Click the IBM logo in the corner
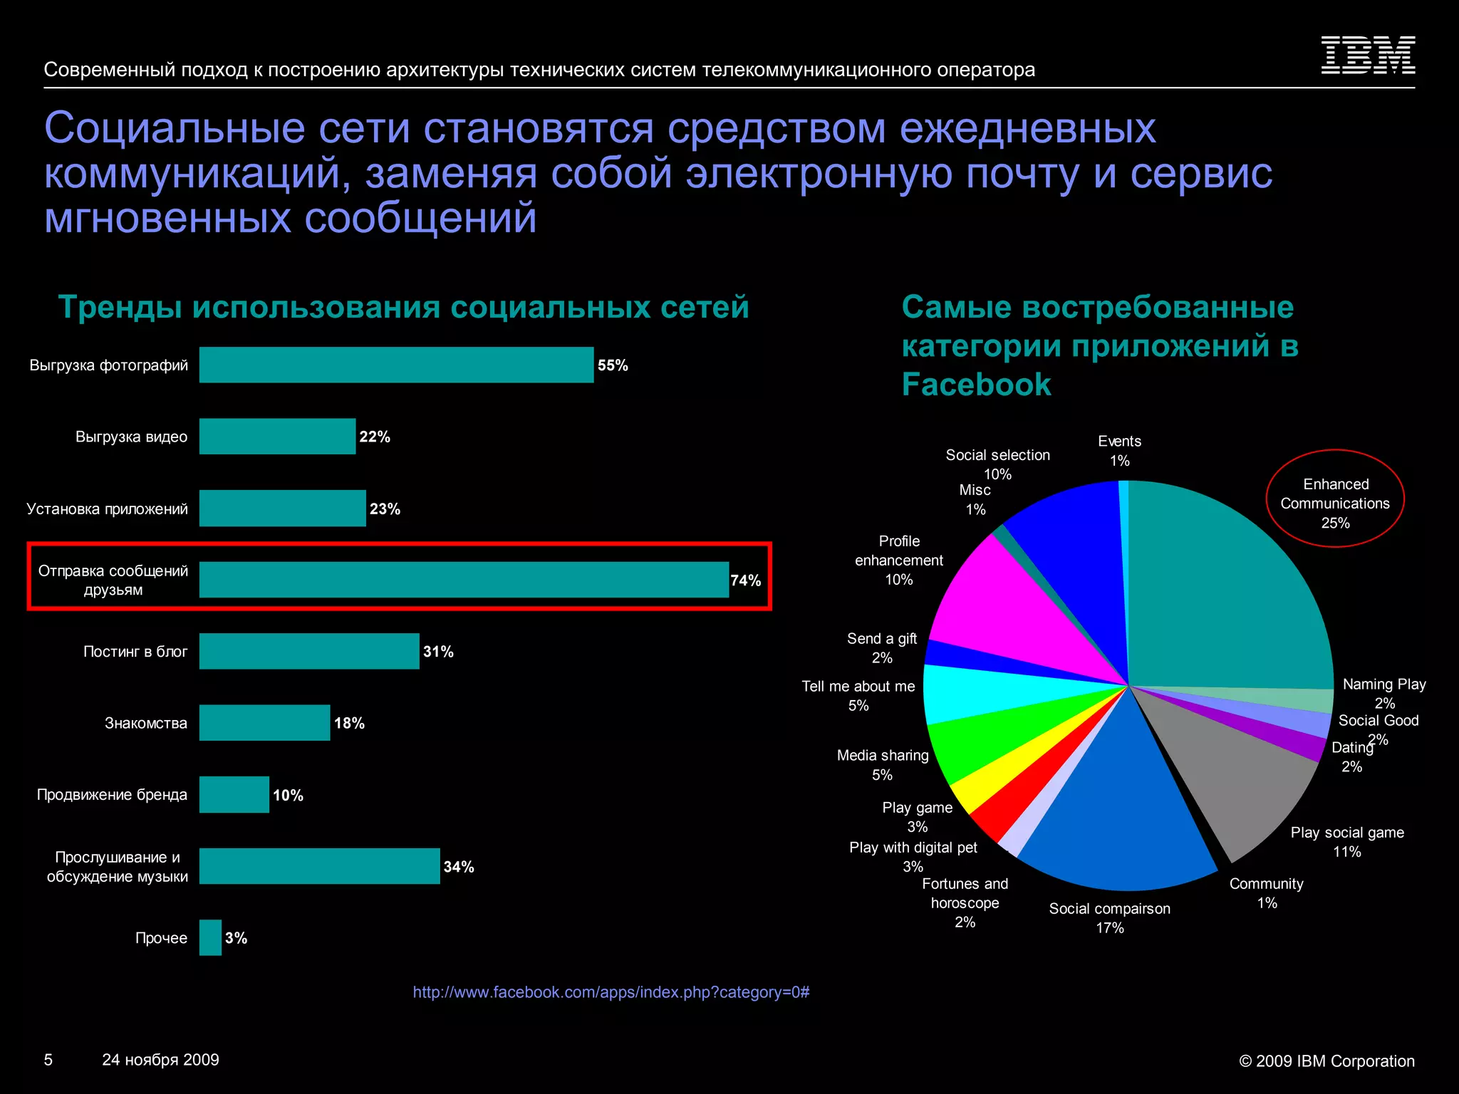[x=1368, y=55]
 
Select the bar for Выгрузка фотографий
[x=396, y=365]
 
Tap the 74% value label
[x=746, y=580]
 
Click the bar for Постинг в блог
[x=309, y=651]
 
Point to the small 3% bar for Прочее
[x=210, y=937]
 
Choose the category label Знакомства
[x=146, y=723]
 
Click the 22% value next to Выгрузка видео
[x=375, y=437]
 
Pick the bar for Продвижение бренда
[x=234, y=794]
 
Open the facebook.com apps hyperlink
[x=611, y=992]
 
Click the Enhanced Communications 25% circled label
[x=1335, y=503]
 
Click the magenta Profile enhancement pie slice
[x=1012, y=613]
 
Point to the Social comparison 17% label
[x=1109, y=918]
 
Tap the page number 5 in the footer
[x=48, y=1060]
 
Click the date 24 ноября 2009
[x=160, y=1060]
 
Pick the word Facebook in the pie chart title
[x=976, y=385]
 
